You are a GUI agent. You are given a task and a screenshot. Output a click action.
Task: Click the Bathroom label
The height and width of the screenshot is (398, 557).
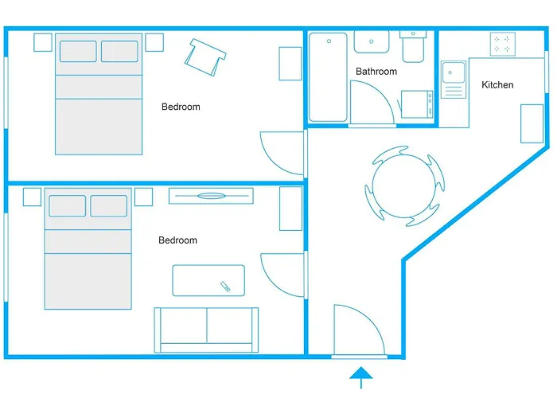[x=376, y=72]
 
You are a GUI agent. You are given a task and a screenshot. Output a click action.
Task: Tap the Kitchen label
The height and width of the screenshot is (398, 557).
[x=497, y=85]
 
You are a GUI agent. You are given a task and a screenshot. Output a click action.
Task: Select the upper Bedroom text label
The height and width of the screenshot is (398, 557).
[x=181, y=107]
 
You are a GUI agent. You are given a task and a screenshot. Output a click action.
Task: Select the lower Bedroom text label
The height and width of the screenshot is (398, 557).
[x=177, y=240]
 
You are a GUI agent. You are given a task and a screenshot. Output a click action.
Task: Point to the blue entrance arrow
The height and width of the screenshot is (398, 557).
[x=361, y=375]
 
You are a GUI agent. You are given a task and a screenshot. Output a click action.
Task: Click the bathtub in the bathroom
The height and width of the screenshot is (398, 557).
[x=328, y=76]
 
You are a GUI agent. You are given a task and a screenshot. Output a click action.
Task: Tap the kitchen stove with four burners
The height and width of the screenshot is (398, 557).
[x=502, y=43]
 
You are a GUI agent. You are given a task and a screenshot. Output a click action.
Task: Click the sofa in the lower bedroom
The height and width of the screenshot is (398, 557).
[x=206, y=328]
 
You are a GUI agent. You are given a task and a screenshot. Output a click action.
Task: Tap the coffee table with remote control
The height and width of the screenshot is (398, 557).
[x=209, y=280]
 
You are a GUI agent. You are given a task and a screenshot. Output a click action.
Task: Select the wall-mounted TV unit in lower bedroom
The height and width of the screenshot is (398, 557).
[x=211, y=195]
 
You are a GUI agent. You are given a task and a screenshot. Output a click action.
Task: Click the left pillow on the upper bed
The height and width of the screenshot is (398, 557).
[x=78, y=51]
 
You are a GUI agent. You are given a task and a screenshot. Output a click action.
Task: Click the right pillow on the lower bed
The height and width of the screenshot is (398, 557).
[x=108, y=205]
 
